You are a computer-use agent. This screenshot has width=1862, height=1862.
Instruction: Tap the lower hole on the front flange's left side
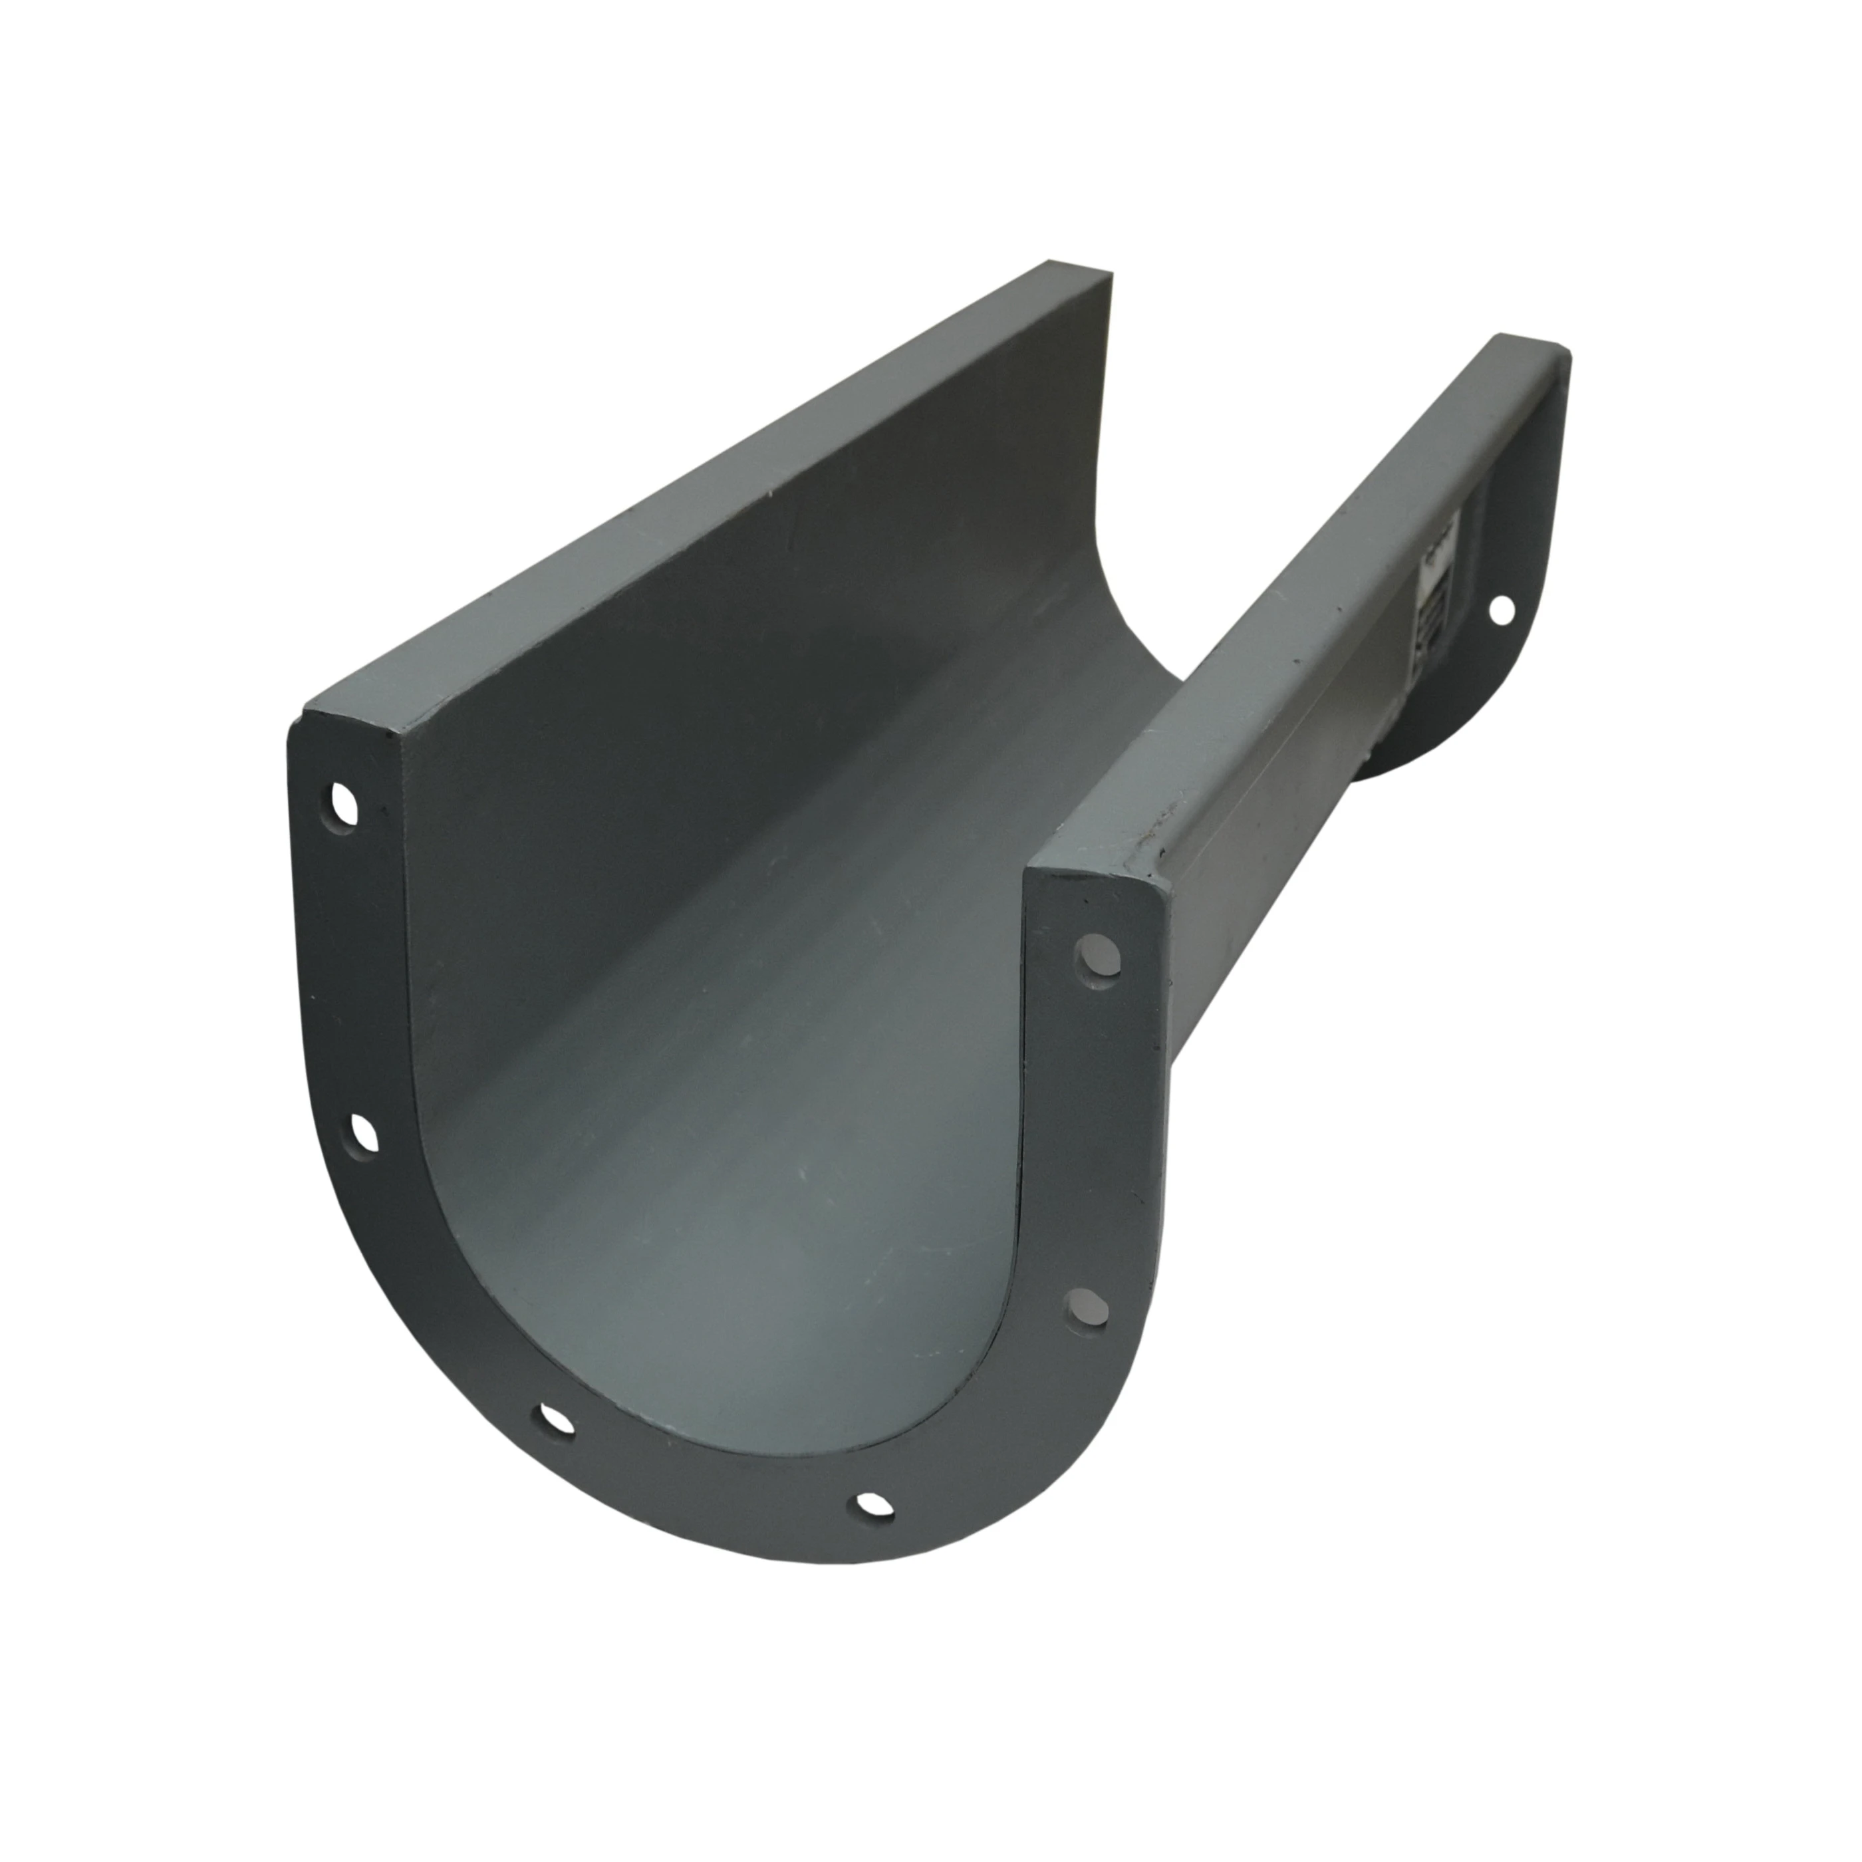click(x=362, y=1133)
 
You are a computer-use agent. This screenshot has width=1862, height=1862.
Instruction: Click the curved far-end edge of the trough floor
click(x=1137, y=626)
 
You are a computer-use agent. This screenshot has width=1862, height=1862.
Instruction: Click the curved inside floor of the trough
click(x=771, y=1156)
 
